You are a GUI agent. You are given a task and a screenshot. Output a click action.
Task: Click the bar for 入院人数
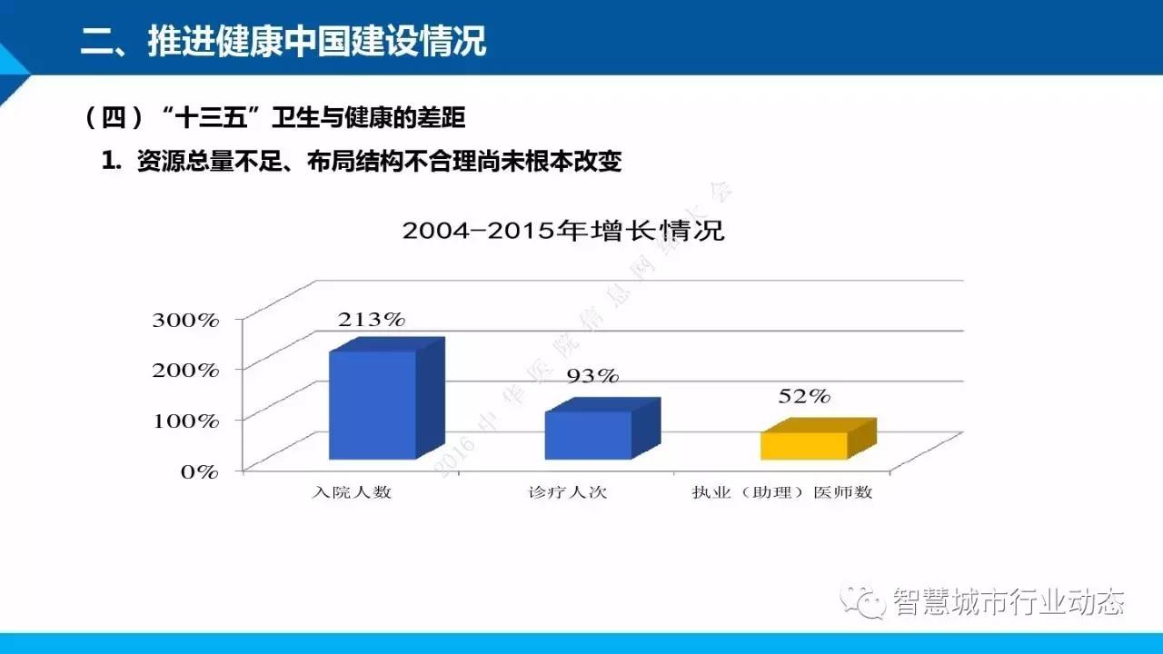point(373,404)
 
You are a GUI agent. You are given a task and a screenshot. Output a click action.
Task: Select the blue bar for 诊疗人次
point(588,434)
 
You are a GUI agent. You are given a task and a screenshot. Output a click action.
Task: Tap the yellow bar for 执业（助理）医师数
point(804,445)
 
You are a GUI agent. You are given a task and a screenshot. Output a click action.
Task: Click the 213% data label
point(371,320)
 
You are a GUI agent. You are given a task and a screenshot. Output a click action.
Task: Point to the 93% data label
point(592,375)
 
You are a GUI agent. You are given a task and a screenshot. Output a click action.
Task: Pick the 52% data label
point(804,396)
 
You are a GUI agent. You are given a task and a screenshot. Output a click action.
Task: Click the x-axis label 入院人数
point(352,493)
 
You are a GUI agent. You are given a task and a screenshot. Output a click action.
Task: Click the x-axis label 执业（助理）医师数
point(781,493)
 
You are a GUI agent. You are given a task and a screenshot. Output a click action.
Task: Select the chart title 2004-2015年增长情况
point(563,231)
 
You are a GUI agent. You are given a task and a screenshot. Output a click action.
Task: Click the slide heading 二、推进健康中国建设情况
point(284,41)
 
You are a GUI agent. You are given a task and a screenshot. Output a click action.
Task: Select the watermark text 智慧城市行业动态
point(1009,602)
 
